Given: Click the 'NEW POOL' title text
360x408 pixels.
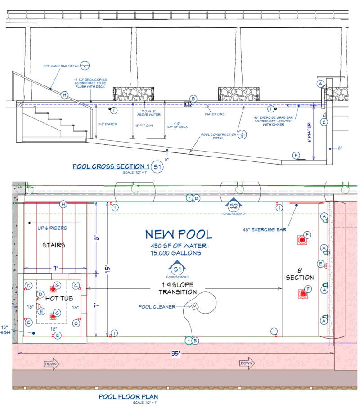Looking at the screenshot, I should coord(179,234).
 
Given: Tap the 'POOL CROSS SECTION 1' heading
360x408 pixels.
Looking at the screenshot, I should coord(111,166).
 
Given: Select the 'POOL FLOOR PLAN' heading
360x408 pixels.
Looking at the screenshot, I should coord(128,397).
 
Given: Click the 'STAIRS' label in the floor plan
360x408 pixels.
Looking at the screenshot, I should coord(54,245).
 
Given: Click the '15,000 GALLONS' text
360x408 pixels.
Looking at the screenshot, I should coord(176,253).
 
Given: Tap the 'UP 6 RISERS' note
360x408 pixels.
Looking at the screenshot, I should coord(52,228).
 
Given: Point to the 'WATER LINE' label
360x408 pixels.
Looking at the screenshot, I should coord(215,114).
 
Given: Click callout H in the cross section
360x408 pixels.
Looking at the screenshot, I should coord(65,95).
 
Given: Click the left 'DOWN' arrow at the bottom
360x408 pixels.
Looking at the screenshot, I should coord(52,363).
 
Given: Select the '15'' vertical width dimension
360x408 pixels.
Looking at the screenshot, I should coord(107,269).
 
